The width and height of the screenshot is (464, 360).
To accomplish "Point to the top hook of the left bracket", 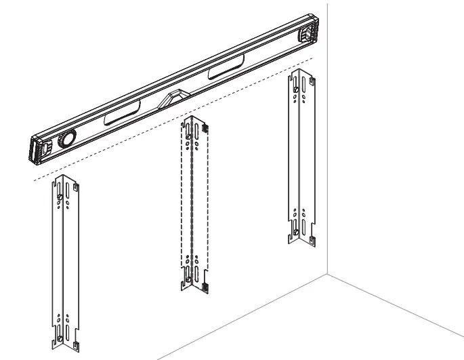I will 79,185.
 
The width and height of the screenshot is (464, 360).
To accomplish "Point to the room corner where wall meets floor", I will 329,275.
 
